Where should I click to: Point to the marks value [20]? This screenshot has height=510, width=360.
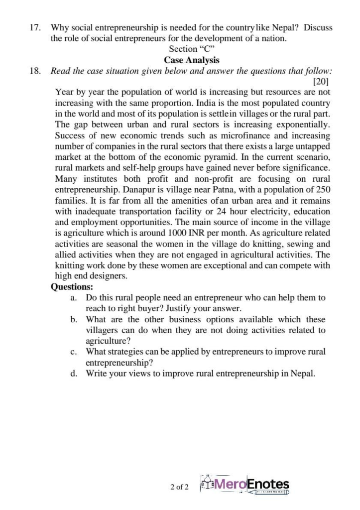point(321,81)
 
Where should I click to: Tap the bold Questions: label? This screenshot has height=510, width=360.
point(72,287)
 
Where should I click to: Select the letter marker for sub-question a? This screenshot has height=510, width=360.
point(73,298)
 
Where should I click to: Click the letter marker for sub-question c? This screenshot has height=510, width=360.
point(73,352)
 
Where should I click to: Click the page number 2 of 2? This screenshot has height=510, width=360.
point(179,487)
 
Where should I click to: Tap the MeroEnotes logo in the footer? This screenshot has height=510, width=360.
point(244,485)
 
